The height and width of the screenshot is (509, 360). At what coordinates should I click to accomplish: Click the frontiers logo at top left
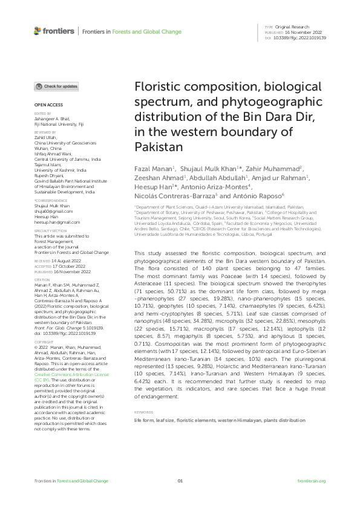(x=54, y=31)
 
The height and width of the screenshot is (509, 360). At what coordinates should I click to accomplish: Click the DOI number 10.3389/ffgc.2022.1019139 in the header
(x=300, y=38)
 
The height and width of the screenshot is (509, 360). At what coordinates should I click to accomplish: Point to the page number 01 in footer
(x=180, y=481)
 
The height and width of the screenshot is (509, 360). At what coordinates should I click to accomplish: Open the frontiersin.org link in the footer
(x=312, y=481)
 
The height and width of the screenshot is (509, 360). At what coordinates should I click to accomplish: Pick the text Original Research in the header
(x=292, y=27)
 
